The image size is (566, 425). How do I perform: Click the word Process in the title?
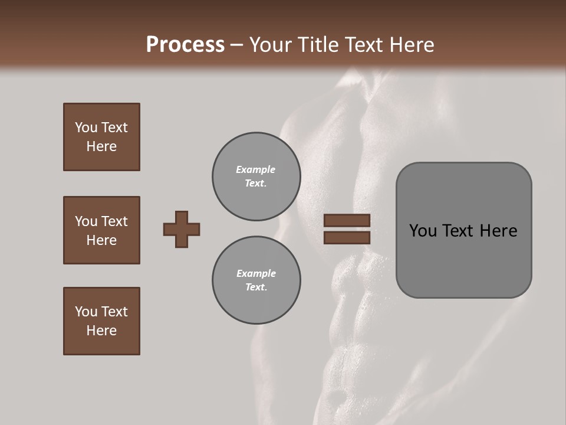click(185, 45)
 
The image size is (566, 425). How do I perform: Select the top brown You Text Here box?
click(101, 137)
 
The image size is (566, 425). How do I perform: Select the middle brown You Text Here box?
click(101, 230)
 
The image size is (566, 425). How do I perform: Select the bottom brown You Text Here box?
click(101, 321)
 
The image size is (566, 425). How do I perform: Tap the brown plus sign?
click(182, 229)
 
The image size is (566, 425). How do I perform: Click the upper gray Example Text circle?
click(256, 176)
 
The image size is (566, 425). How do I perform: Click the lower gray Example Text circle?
click(256, 280)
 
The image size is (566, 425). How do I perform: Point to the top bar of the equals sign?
click(347, 221)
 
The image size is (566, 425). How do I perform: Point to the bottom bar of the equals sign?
click(347, 238)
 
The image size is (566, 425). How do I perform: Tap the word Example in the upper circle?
click(256, 169)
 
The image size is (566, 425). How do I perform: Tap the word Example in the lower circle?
click(256, 273)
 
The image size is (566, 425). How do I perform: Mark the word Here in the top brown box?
click(101, 146)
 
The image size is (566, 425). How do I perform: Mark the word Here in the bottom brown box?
click(101, 331)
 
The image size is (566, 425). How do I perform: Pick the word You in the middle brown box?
click(85, 221)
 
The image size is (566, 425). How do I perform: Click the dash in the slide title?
click(237, 45)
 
